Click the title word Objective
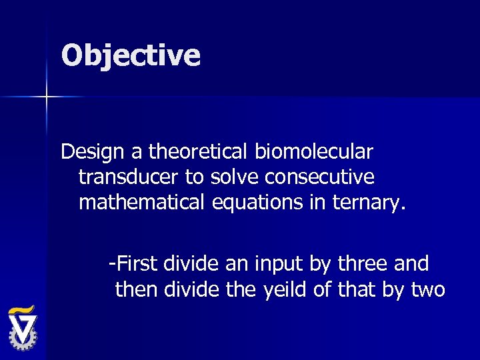pyautogui.click(x=131, y=55)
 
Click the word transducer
pyautogui.click(x=127, y=177)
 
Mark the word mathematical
pyautogui.click(x=143, y=202)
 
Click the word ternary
pyautogui.click(x=370, y=202)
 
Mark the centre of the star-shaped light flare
pyautogui.click(x=47, y=98)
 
